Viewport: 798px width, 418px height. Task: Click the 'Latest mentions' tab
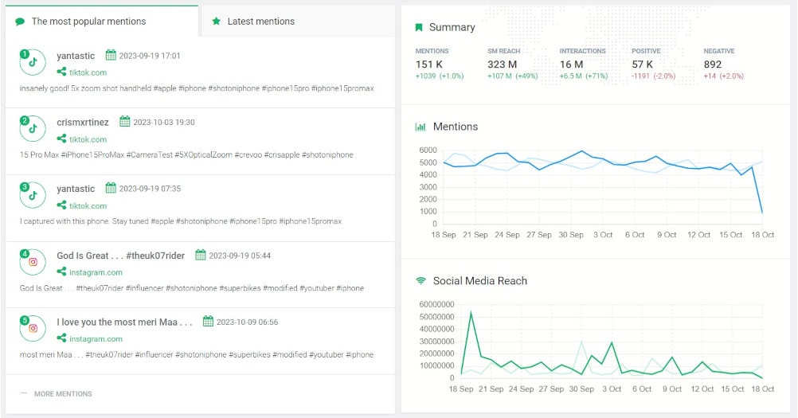(252, 21)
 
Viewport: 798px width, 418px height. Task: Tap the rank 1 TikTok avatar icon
(33, 62)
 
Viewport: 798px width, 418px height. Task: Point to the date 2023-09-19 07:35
(150, 189)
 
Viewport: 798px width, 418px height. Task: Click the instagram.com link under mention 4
(96, 272)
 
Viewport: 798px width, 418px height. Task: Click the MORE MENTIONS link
(62, 393)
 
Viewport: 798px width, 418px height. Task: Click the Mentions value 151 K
(430, 64)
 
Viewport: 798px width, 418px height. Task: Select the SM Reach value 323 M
(503, 64)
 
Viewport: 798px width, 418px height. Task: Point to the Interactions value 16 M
(571, 64)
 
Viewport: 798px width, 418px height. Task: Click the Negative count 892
(713, 64)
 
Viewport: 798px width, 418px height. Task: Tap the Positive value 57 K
(643, 64)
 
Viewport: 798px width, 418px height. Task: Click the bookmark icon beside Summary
(419, 27)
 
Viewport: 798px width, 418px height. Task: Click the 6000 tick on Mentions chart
(428, 150)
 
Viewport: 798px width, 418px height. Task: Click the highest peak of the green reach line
(471, 312)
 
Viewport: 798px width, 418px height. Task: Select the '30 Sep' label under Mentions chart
(570, 235)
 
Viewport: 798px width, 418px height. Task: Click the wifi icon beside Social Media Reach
(421, 281)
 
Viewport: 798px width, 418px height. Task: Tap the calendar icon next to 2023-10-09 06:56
(209, 322)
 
